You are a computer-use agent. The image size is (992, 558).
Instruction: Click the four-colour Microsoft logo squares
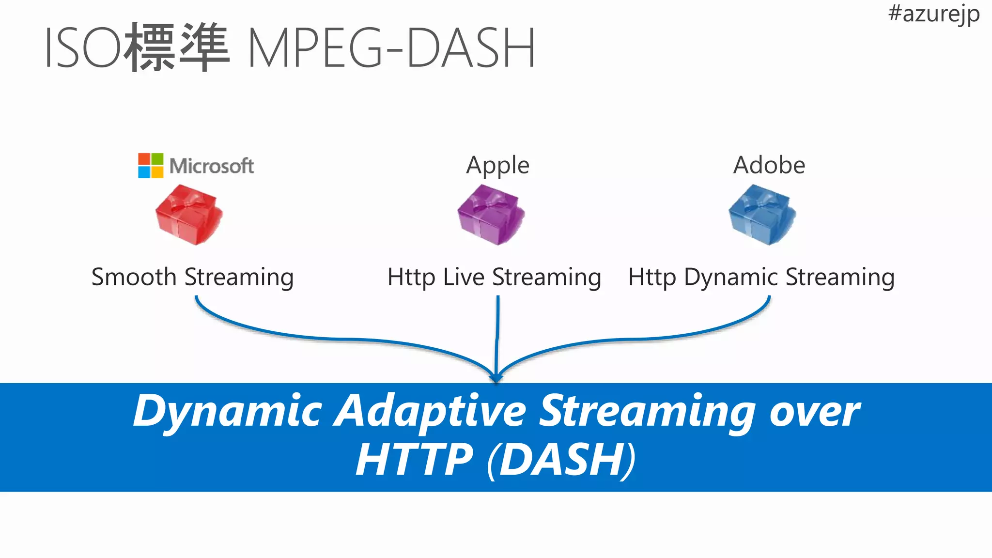coord(151,166)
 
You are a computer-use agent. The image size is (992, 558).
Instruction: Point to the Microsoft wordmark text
coord(212,166)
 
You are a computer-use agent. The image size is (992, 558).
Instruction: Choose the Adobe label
coord(769,165)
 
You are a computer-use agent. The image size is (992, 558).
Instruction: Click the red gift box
coord(188,215)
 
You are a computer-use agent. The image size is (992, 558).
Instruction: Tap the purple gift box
coord(491,215)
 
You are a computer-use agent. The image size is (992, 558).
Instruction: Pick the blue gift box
coord(762,215)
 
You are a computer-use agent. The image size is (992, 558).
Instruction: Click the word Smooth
coord(134,277)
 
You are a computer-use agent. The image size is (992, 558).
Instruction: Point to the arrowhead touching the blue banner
coord(496,378)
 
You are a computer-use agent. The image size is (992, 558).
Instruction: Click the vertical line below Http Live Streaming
coord(497,334)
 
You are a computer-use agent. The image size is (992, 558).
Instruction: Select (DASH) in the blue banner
coord(562,459)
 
